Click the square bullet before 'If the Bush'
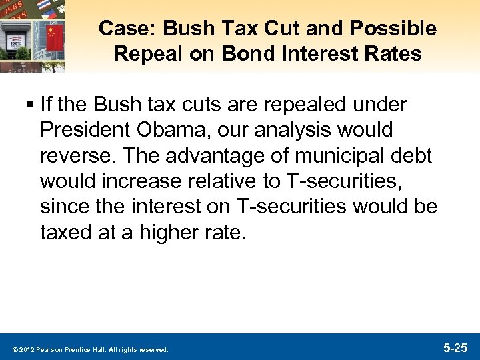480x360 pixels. click(x=31, y=105)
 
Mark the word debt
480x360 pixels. click(x=411, y=156)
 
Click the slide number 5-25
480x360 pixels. click(x=456, y=348)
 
